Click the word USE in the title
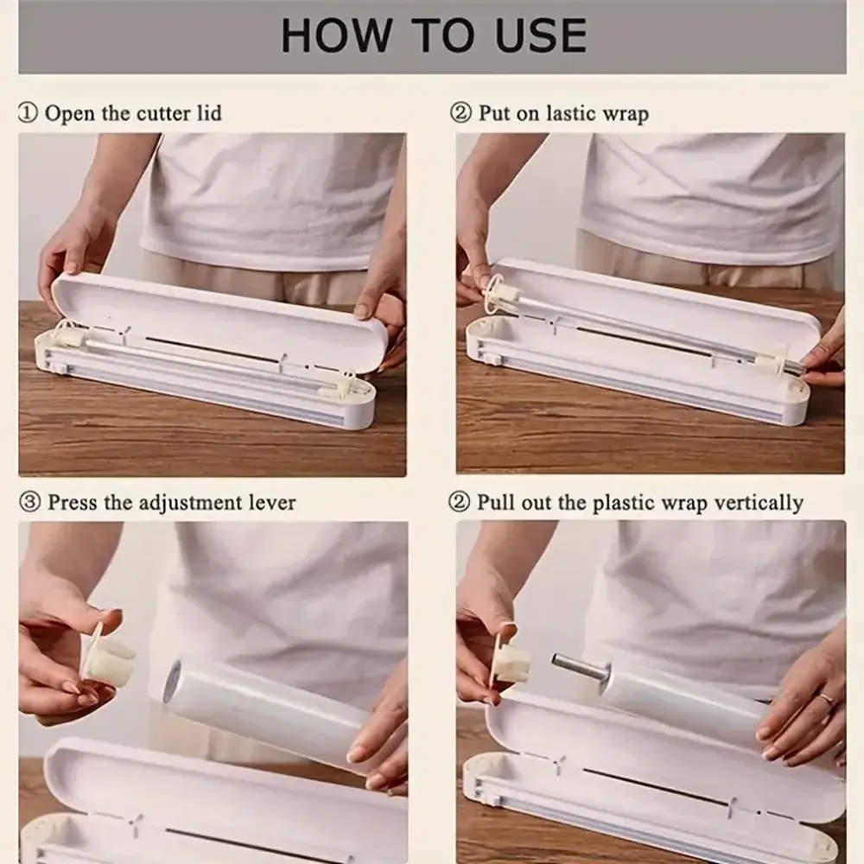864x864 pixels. (x=541, y=35)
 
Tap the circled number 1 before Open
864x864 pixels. (x=29, y=113)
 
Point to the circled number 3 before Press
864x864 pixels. (x=29, y=502)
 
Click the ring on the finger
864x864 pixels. (x=826, y=699)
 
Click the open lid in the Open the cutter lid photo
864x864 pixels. (x=220, y=321)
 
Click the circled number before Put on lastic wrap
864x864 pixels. (x=461, y=113)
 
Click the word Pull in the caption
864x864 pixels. (x=493, y=502)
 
